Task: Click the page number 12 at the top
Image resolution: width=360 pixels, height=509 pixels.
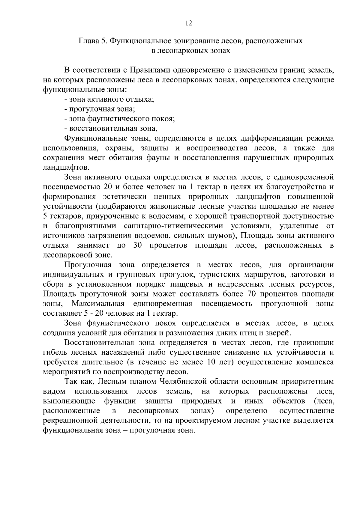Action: point(188,24)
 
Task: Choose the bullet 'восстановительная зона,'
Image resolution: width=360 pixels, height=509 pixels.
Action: point(111,128)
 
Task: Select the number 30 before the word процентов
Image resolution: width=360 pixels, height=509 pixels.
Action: point(137,245)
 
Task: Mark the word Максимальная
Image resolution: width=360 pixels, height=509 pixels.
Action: point(98,304)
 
